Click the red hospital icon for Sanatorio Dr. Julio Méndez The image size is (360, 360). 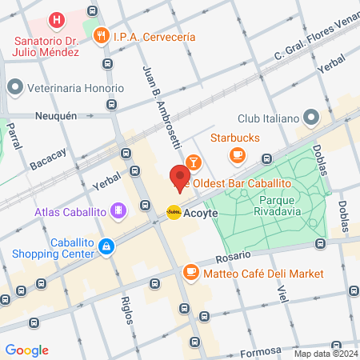(x=56, y=19)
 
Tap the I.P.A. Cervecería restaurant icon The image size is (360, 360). (x=101, y=36)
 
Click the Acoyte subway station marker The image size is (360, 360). (x=173, y=212)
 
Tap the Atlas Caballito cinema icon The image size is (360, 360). (x=118, y=211)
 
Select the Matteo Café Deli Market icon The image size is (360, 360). (x=190, y=274)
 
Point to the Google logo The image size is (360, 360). (x=26, y=350)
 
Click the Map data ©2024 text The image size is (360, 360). (x=324, y=353)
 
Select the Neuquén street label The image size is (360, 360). (x=55, y=115)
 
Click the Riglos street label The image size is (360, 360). (x=126, y=309)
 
